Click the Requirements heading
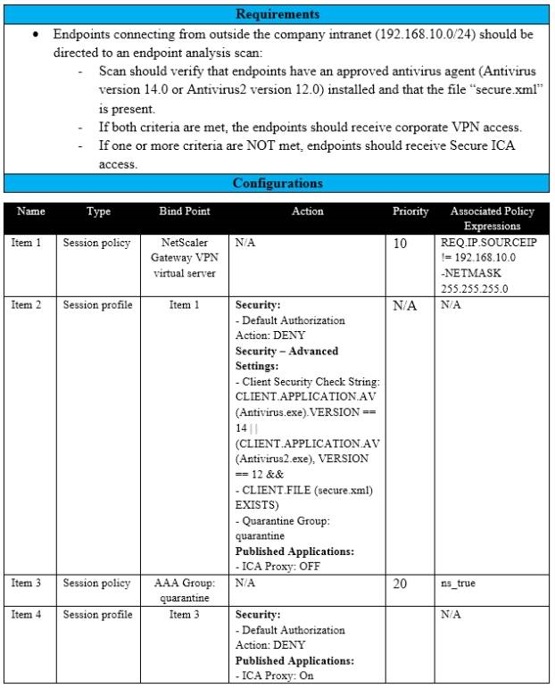click(277, 14)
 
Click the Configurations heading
click(277, 184)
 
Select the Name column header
click(31, 212)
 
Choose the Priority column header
click(410, 212)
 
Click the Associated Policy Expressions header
click(492, 219)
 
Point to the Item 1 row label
click(26, 243)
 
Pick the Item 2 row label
click(26, 305)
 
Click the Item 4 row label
click(26, 615)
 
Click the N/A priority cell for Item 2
click(406, 306)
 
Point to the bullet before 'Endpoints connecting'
click(35, 34)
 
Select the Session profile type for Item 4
click(97, 615)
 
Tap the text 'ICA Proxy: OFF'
click(278, 567)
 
